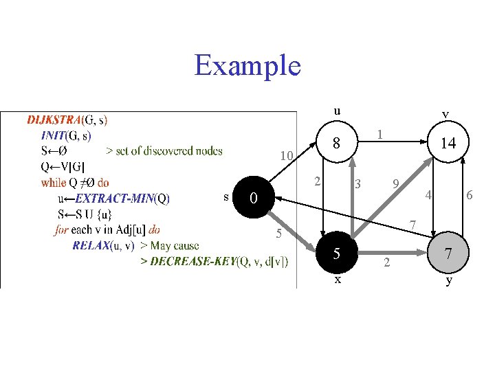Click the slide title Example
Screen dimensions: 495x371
click(x=247, y=66)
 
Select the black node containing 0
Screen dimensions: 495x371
click(x=254, y=197)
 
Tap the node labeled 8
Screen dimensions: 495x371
click(x=337, y=142)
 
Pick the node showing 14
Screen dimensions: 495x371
click(x=448, y=142)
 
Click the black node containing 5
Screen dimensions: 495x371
click(x=337, y=253)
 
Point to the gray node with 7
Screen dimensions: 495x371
click(x=448, y=253)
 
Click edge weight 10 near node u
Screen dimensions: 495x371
click(x=287, y=156)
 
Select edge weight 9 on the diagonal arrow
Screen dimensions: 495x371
click(x=396, y=183)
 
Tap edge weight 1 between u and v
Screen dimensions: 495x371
click(x=379, y=135)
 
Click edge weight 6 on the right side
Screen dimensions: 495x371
click(x=470, y=195)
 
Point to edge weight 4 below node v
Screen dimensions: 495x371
click(x=428, y=195)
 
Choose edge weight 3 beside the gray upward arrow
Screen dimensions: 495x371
click(x=357, y=184)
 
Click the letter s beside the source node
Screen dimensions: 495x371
click(x=226, y=197)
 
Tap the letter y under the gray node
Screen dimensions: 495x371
click(x=448, y=280)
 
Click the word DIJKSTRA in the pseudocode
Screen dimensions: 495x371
click(x=54, y=120)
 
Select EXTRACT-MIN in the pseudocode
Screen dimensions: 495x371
click(x=115, y=199)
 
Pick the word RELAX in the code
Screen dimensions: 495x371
click(x=91, y=245)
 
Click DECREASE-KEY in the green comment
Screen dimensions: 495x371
click(x=193, y=261)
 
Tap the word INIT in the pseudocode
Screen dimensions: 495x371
click(x=53, y=135)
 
